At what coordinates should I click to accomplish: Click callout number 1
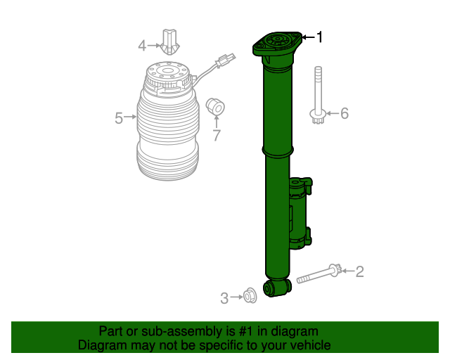(320, 37)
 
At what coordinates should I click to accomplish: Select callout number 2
(359, 271)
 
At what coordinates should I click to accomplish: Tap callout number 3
(224, 298)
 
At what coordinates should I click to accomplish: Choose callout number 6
(345, 112)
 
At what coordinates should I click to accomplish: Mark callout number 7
(217, 134)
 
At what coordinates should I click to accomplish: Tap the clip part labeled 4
(169, 41)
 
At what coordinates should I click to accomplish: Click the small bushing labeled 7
(216, 107)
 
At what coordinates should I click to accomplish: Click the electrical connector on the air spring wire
(226, 61)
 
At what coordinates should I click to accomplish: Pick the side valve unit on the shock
(299, 211)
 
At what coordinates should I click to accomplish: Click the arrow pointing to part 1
(307, 37)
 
